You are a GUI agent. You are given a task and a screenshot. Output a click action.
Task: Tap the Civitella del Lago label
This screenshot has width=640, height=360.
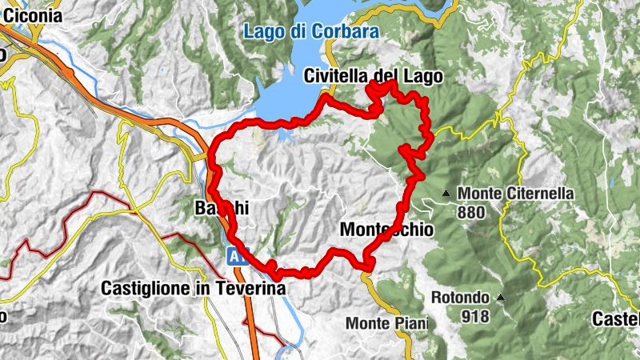pos(373,77)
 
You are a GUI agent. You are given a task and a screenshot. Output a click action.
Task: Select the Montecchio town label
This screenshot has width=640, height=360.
pos(386,230)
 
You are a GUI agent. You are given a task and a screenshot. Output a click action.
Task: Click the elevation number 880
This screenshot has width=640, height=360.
pos(470,213)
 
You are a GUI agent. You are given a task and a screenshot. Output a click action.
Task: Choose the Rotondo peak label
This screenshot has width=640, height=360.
pos(460,298)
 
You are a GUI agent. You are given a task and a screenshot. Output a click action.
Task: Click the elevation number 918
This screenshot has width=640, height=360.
pos(474,316)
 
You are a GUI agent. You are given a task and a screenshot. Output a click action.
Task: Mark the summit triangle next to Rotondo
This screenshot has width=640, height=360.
pos(501,298)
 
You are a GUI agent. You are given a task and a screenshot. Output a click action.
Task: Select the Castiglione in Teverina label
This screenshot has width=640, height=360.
pos(194,288)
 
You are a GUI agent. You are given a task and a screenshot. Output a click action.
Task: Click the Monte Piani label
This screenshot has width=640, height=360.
pos(386,324)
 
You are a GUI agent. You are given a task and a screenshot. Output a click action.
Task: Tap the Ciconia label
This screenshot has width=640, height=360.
pos(32,15)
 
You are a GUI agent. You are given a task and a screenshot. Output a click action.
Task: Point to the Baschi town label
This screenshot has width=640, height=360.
pos(222,208)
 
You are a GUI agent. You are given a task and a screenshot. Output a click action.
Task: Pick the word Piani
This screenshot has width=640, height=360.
pos(410,324)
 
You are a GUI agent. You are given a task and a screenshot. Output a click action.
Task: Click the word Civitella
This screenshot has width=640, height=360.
pos(336,77)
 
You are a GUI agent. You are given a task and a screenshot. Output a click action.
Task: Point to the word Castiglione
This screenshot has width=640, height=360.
pos(149,288)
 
